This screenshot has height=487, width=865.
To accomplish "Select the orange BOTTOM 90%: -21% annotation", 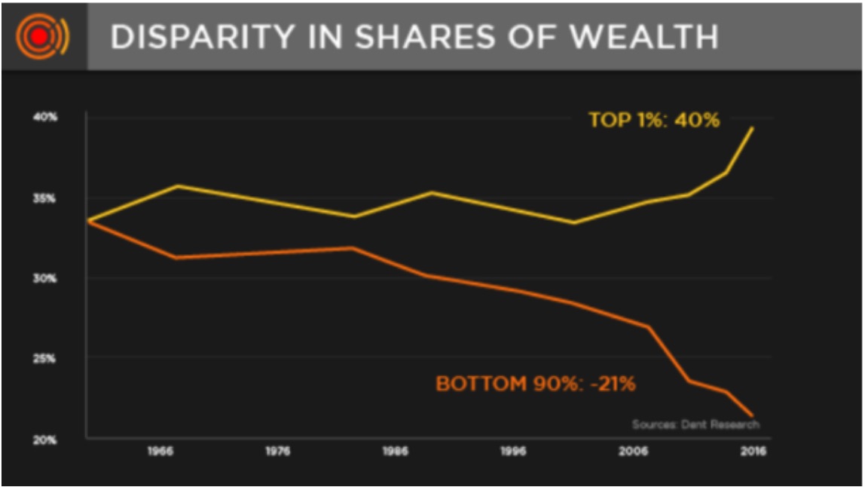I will (x=536, y=384).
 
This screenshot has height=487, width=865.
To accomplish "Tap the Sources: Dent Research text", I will (x=695, y=424).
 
